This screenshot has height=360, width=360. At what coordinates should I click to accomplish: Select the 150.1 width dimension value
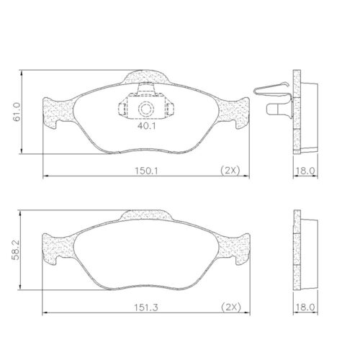147,171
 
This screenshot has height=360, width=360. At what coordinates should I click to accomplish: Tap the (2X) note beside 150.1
230,171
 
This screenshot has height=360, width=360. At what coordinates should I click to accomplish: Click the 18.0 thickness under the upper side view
307,171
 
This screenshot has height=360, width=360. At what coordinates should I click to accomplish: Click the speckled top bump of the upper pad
148,76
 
